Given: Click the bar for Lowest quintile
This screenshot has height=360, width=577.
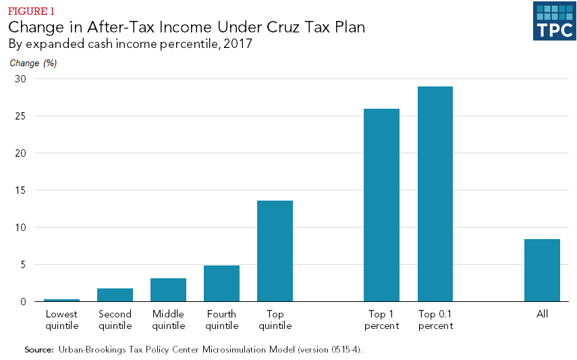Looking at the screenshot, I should (61, 300).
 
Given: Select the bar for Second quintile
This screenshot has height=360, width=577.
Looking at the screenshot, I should (115, 294).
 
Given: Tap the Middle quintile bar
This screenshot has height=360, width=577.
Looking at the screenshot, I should (168, 290).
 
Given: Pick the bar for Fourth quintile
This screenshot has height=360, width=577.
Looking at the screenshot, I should (221, 283).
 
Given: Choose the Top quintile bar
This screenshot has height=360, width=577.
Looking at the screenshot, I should (275, 251).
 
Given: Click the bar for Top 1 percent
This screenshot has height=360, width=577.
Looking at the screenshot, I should (381, 205).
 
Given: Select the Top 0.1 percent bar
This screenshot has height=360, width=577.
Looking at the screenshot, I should (435, 194).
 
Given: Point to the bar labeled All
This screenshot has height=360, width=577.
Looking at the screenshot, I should (542, 270).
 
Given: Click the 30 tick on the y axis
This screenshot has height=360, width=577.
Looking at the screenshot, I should (20, 78).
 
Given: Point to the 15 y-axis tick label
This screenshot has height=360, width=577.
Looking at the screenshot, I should (20, 190).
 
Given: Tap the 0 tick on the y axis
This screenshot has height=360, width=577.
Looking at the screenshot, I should (23, 301).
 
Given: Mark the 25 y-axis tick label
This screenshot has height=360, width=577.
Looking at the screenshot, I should (20, 115).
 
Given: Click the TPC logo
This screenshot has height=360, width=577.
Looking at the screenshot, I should (554, 21).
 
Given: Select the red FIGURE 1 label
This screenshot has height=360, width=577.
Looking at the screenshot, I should (32, 11).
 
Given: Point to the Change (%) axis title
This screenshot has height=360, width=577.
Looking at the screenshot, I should (33, 63).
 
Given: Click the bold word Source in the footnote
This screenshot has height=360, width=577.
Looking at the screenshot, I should (38, 349).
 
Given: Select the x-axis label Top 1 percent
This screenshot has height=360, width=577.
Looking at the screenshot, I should (381, 319).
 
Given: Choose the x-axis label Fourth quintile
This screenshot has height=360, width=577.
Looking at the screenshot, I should (221, 319).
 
